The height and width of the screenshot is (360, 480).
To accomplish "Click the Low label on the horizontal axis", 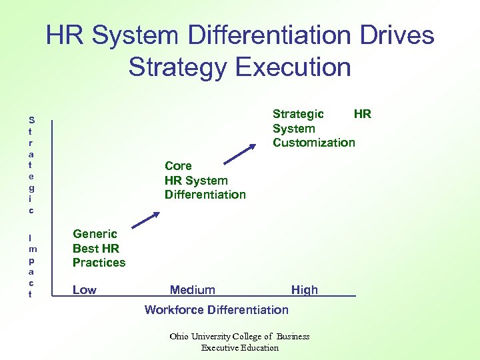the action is click(x=85, y=290).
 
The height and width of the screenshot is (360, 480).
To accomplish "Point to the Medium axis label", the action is click(x=193, y=290).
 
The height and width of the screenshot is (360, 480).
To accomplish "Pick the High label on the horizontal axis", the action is click(x=305, y=290).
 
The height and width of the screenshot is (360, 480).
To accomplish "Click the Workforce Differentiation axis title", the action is click(x=217, y=309).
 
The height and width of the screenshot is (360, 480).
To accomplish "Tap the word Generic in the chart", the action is click(x=95, y=234).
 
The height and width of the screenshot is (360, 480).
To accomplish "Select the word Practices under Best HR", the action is click(x=99, y=263).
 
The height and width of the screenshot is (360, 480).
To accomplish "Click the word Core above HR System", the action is click(x=178, y=166).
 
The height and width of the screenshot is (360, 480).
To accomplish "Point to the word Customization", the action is click(x=313, y=143).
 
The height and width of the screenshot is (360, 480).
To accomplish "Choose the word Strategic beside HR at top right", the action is click(x=298, y=114).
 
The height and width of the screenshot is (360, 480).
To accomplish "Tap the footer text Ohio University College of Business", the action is click(x=239, y=337).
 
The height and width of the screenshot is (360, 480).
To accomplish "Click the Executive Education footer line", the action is click(x=239, y=347).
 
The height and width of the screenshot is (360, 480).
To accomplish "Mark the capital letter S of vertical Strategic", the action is click(x=31, y=120).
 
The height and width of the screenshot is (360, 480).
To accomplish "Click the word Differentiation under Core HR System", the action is click(x=205, y=195).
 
